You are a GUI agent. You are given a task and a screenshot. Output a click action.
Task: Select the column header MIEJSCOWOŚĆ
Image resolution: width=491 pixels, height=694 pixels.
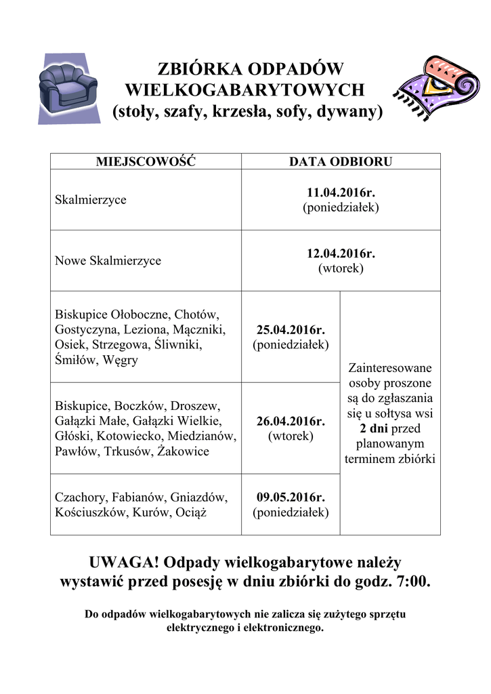146,162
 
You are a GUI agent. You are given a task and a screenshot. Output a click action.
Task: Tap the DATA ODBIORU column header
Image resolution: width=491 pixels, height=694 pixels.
341,162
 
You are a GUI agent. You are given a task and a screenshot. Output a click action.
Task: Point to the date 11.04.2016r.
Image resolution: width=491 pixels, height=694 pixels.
341,193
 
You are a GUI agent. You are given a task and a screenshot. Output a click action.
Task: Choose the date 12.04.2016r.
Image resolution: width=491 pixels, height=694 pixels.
341,254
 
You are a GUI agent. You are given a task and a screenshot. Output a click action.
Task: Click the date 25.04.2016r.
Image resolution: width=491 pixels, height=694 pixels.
291,331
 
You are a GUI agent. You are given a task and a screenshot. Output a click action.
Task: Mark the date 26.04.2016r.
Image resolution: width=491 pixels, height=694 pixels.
291,422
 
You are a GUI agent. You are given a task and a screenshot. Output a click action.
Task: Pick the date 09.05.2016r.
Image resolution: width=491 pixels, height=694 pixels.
291,497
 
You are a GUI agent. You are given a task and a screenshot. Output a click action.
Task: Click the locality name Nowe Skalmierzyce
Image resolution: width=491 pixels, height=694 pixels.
108,261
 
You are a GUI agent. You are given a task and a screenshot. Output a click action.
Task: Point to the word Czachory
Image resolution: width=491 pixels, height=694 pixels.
79,497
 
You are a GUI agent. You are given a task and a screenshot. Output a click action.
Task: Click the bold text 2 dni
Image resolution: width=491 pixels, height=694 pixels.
374,429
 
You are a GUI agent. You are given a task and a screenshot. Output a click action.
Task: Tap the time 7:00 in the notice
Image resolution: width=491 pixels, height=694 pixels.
411,581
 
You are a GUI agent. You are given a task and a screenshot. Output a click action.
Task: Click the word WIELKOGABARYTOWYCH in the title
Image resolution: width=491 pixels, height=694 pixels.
246,89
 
